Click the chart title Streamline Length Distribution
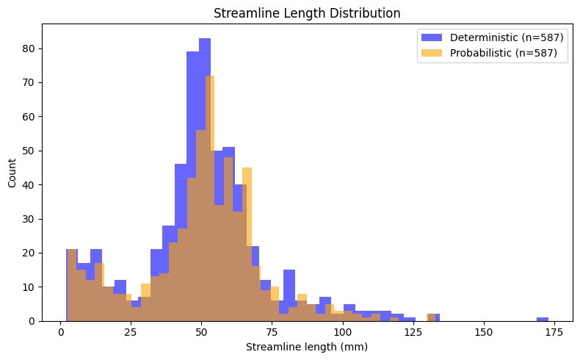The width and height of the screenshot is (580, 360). coord(306,12)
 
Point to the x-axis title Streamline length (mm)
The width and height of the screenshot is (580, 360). coord(306,347)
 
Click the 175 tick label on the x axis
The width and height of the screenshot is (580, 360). coord(553,333)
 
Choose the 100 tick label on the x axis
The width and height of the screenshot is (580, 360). coord(342,333)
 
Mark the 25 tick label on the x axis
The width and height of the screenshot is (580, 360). coord(131,333)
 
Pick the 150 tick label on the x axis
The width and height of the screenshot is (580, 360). coord(483,333)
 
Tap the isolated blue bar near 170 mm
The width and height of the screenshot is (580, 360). coord(543,319)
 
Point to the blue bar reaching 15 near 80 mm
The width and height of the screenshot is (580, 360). coord(289,287)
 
